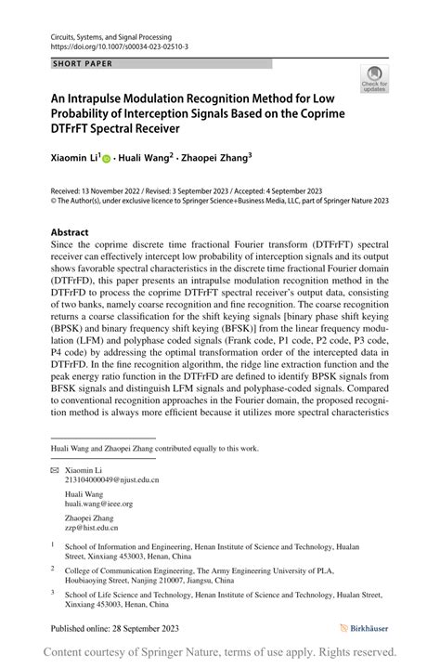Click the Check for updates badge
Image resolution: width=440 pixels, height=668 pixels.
(x=374, y=79)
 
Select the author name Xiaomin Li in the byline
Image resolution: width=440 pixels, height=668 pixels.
(x=75, y=159)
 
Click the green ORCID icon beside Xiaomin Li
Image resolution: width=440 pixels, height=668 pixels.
(x=107, y=160)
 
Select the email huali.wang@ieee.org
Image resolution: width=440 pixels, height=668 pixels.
(x=98, y=504)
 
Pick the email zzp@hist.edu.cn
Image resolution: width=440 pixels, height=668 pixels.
(x=92, y=527)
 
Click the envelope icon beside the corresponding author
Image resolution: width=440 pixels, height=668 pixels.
(x=54, y=470)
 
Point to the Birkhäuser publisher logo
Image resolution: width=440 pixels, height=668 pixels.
(x=365, y=628)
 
